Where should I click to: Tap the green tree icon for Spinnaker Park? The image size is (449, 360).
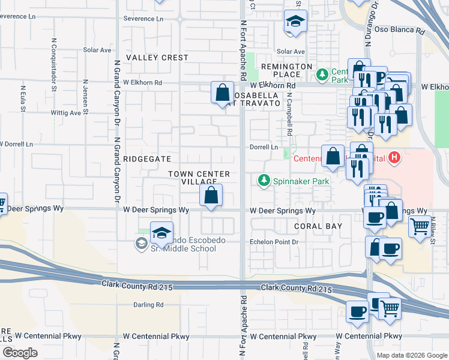click(x=264, y=180)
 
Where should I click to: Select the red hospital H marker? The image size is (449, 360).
click(x=394, y=158)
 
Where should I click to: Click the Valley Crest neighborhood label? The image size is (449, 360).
click(x=157, y=58)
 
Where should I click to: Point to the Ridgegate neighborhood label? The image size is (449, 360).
click(x=147, y=159)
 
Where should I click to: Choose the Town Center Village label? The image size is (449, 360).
click(x=199, y=178)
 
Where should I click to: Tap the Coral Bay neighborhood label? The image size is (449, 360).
click(x=318, y=226)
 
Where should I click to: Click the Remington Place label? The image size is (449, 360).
click(x=286, y=70)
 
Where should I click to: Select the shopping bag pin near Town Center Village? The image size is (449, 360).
click(x=211, y=195)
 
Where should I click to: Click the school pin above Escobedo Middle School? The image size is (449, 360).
click(x=161, y=232)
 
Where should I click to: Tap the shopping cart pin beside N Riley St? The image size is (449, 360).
click(x=420, y=226)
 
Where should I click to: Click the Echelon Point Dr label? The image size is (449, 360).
click(x=274, y=242)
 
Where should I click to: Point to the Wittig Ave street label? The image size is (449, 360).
click(x=66, y=112)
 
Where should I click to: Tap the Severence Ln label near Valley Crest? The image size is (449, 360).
click(x=143, y=19)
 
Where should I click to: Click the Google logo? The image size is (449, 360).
click(x=20, y=353)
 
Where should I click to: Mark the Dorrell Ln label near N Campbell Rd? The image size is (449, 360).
click(x=264, y=147)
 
